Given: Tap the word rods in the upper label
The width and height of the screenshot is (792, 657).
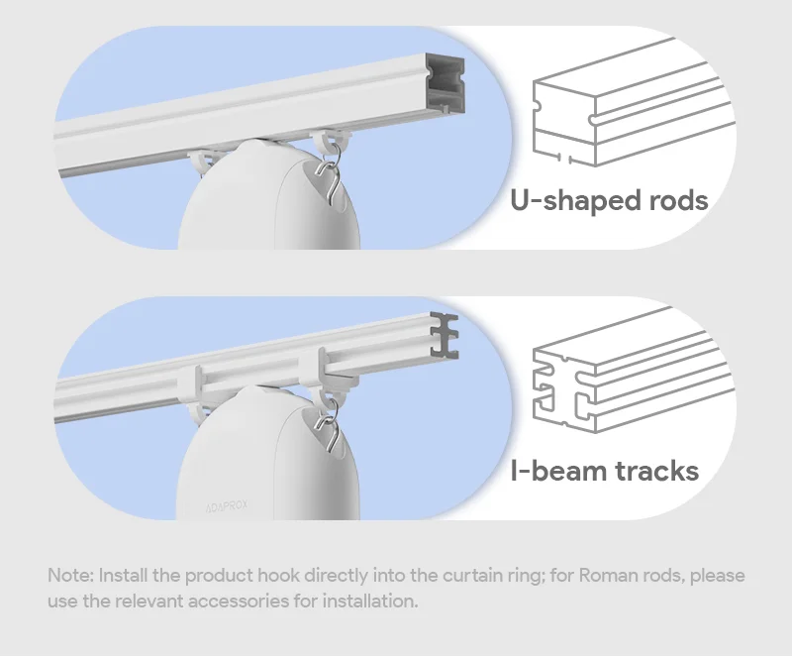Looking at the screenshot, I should tap(672, 201).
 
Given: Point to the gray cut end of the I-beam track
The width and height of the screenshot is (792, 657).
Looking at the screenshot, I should tap(446, 336).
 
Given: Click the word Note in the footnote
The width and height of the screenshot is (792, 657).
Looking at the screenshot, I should tap(68, 576).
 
